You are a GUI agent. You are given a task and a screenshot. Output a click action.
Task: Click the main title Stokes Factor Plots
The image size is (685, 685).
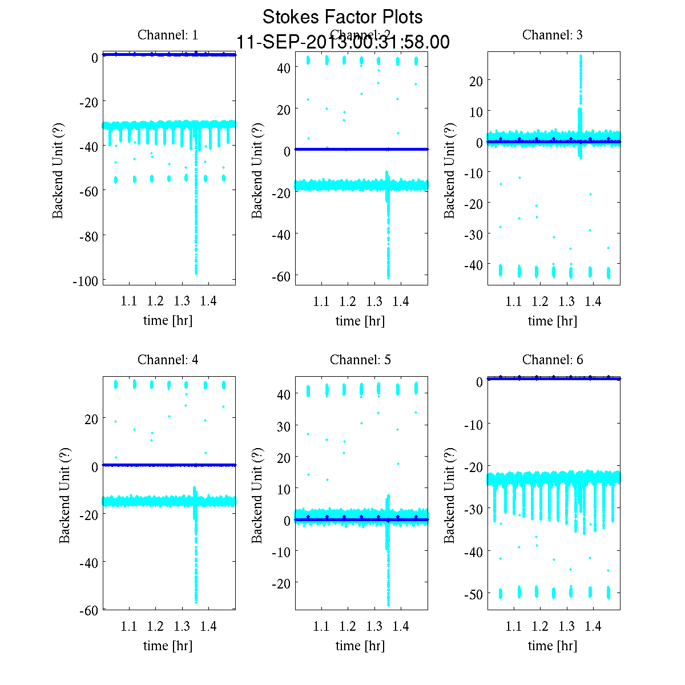pyautogui.click(x=342, y=17)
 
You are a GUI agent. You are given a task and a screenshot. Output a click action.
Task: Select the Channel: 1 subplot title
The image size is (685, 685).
pyautogui.click(x=168, y=35)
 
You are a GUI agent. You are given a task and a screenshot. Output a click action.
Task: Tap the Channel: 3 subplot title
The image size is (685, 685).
pyautogui.click(x=553, y=35)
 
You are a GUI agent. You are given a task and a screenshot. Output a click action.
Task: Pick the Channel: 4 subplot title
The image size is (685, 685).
pyautogui.click(x=168, y=360)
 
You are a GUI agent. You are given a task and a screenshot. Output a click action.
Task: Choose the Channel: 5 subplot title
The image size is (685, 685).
pyautogui.click(x=360, y=360)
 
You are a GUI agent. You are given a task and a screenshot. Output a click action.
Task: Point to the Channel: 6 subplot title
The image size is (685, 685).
pyautogui.click(x=553, y=360)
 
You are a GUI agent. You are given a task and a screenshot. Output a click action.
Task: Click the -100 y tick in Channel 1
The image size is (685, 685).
pyautogui.click(x=85, y=281)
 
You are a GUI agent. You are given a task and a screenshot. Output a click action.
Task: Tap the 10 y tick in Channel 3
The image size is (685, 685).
pyautogui.click(x=476, y=111)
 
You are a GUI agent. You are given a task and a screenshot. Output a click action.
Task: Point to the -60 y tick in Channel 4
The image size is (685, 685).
pyautogui.click(x=88, y=610)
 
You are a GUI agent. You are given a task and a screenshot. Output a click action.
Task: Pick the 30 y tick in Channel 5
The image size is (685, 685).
pyautogui.click(x=284, y=426)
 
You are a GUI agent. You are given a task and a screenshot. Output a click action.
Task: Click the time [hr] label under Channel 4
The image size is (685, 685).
pyautogui.click(x=168, y=646)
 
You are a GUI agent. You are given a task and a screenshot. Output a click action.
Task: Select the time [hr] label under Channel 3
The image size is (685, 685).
pyautogui.click(x=553, y=321)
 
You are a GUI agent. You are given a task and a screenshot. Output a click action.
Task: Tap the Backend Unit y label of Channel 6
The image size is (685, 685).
pyautogui.click(x=450, y=495)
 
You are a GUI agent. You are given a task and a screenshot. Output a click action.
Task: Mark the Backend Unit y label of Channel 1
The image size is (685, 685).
pyautogui.click(x=58, y=170)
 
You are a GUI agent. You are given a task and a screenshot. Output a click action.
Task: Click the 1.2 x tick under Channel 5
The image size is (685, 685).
pyautogui.click(x=348, y=626)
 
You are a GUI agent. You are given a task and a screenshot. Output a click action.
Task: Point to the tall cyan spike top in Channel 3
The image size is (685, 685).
pyautogui.click(x=581, y=57)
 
